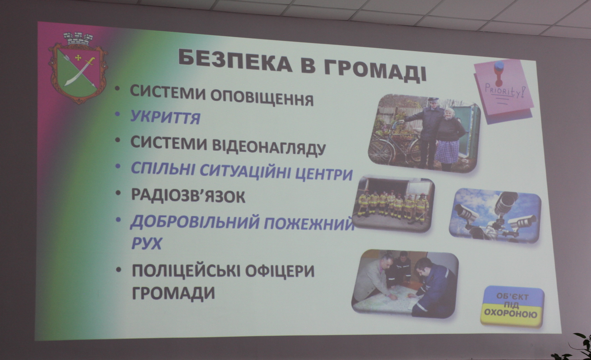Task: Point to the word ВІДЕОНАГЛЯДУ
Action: pos(268,147)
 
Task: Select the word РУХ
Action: pos(146,243)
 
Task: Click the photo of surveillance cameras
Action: pos(495,215)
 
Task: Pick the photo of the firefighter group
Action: pos(394,204)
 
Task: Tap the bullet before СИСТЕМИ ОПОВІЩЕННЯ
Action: pos(118,89)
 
